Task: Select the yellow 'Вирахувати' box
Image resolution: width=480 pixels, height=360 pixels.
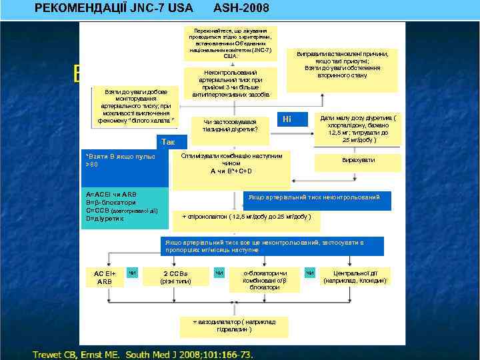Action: [359, 161]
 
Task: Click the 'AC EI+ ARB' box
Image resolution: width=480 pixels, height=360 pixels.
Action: [105, 278]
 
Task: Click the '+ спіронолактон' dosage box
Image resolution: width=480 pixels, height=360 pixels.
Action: [247, 217]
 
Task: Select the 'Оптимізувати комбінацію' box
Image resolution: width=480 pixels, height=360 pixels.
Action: [231, 163]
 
